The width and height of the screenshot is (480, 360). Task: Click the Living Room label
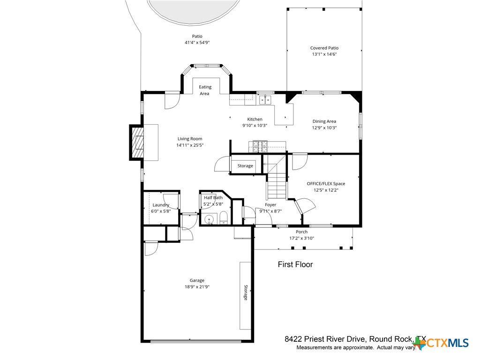click(189, 139)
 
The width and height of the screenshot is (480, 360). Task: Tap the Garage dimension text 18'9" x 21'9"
click(197, 287)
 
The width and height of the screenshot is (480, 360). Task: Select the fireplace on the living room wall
click(137, 142)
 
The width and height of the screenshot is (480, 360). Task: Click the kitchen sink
click(265, 99)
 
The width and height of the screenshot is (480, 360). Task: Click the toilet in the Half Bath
click(224, 217)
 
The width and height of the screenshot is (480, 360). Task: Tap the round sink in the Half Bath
click(209, 218)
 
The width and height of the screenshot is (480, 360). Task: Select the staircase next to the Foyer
click(276, 180)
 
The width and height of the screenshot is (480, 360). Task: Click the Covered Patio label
click(324, 48)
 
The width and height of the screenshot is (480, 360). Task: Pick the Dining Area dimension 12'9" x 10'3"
click(324, 127)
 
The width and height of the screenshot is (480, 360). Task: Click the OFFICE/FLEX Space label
click(326, 184)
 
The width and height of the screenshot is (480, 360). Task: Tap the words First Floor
click(295, 264)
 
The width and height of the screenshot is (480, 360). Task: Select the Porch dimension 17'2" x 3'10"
click(301, 238)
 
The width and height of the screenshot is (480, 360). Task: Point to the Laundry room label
click(161, 205)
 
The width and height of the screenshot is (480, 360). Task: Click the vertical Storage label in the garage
click(245, 292)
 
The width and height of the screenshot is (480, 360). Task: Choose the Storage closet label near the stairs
click(245, 166)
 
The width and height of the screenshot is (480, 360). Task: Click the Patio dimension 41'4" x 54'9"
click(197, 43)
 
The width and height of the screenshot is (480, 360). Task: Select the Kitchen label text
click(255, 119)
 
